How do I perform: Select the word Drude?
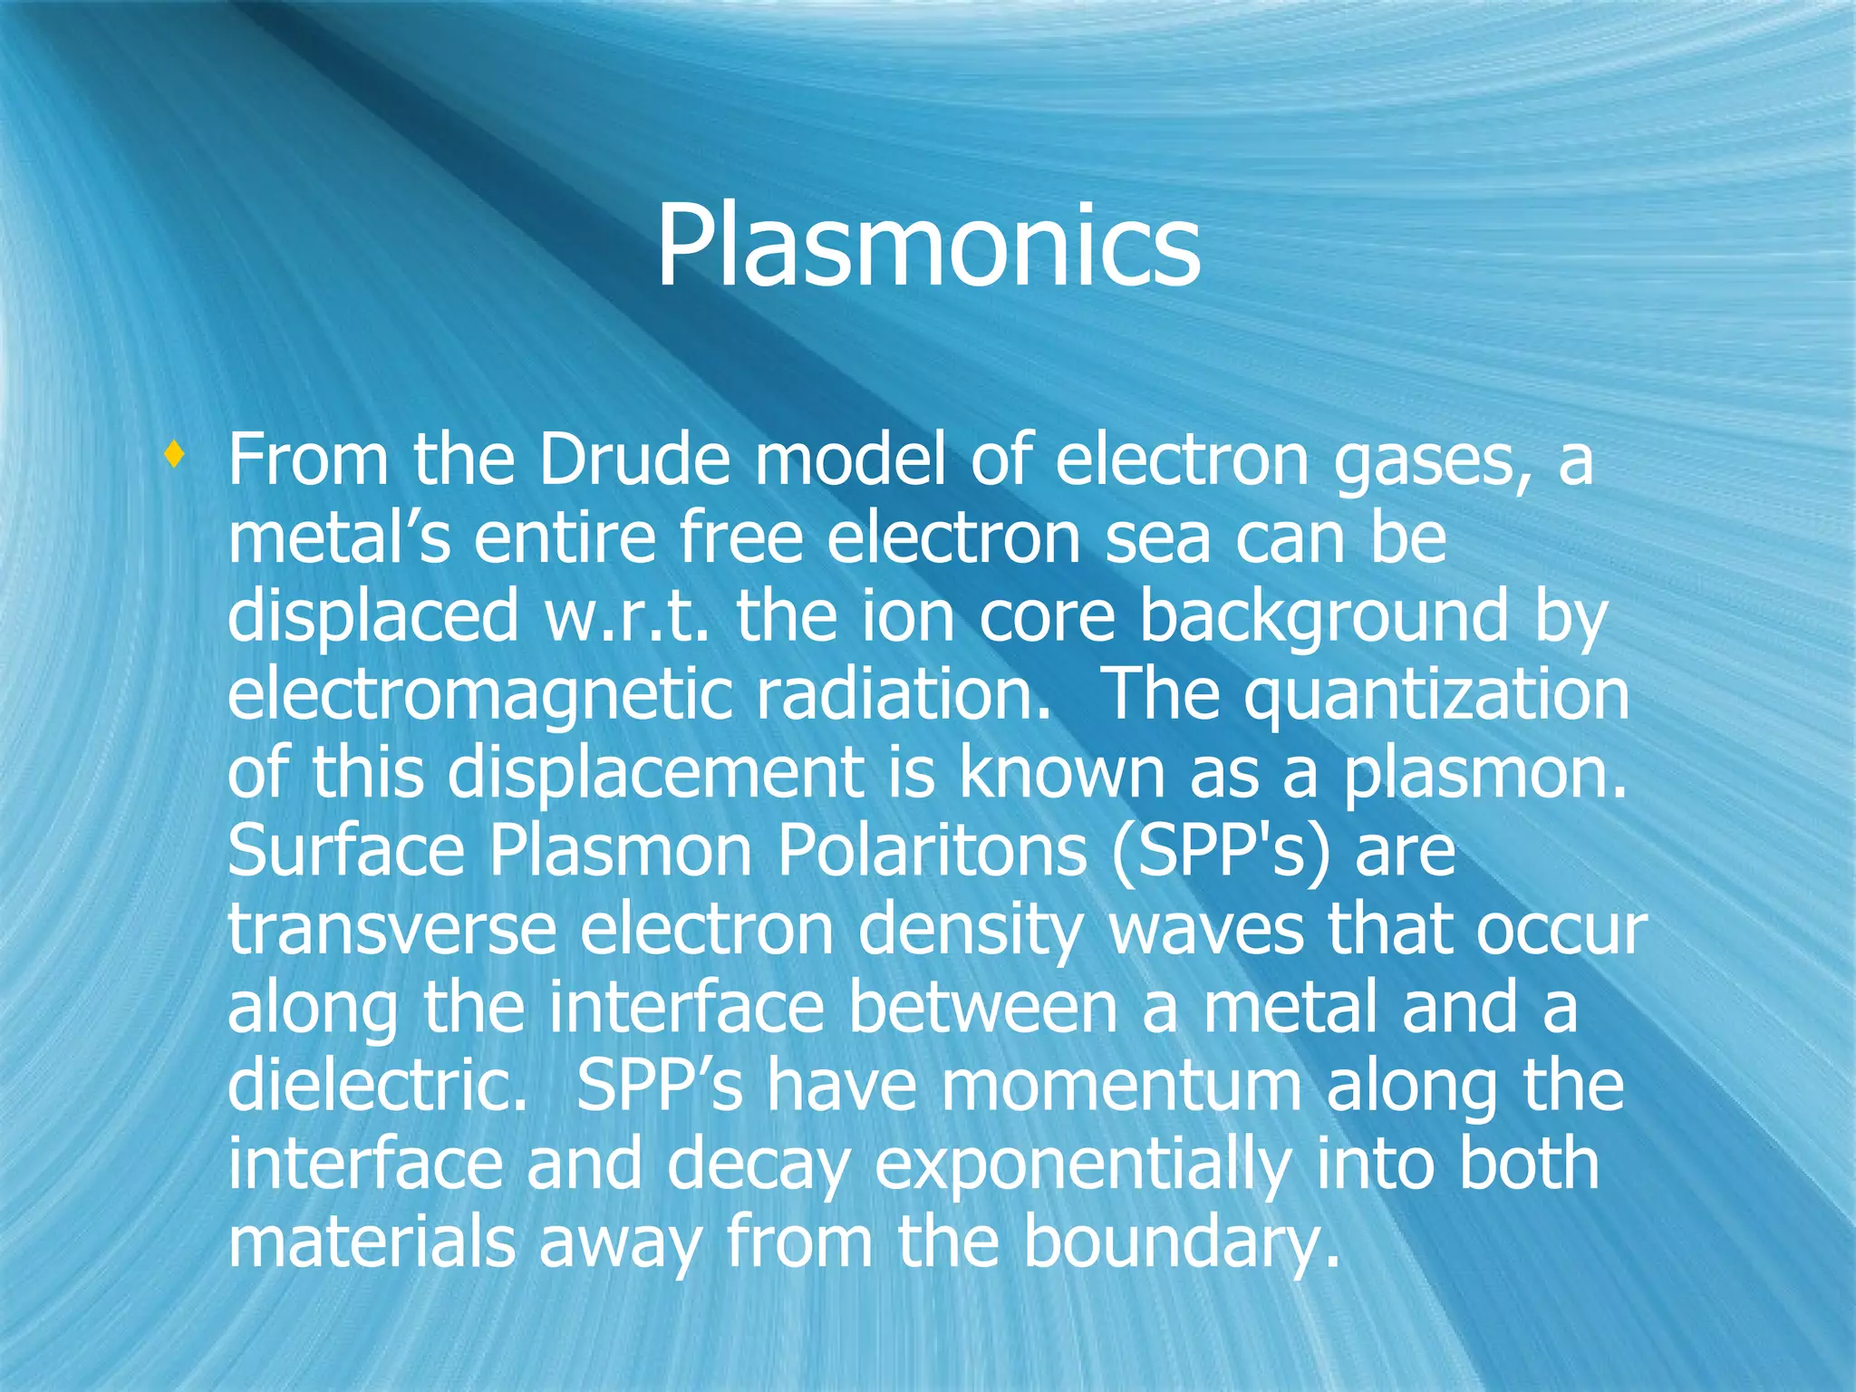point(633,460)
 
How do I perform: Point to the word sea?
point(1158,538)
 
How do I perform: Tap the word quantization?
point(1435,696)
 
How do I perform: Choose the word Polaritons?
point(933,852)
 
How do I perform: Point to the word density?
point(970,932)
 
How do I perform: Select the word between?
point(982,1008)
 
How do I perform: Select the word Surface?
point(344,852)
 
